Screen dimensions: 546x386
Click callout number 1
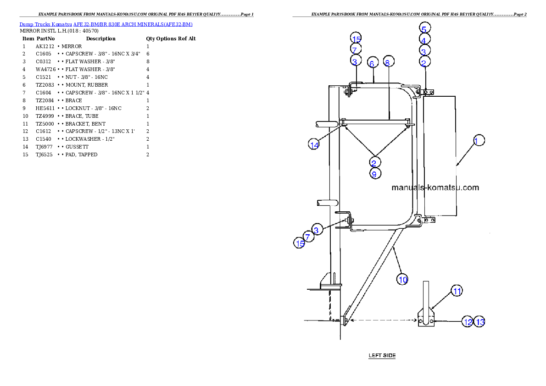click(478, 141)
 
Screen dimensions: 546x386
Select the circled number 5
click(424, 28)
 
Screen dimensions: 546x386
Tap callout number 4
click(424, 40)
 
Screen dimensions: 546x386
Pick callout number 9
click(374, 174)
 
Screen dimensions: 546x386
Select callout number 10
click(402, 279)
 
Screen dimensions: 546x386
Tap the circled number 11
click(456, 291)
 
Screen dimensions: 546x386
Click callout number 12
click(468, 322)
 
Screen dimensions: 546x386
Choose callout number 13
click(479, 322)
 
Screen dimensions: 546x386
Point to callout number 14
click(314, 145)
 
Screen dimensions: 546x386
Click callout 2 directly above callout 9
click(374, 162)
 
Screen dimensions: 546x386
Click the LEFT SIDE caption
click(382, 355)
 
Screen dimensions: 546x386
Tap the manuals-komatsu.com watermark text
click(435, 187)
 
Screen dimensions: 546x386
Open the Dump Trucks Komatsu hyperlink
click(106, 24)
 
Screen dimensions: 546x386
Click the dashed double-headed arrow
click(380, 320)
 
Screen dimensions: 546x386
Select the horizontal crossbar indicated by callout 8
click(376, 122)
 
